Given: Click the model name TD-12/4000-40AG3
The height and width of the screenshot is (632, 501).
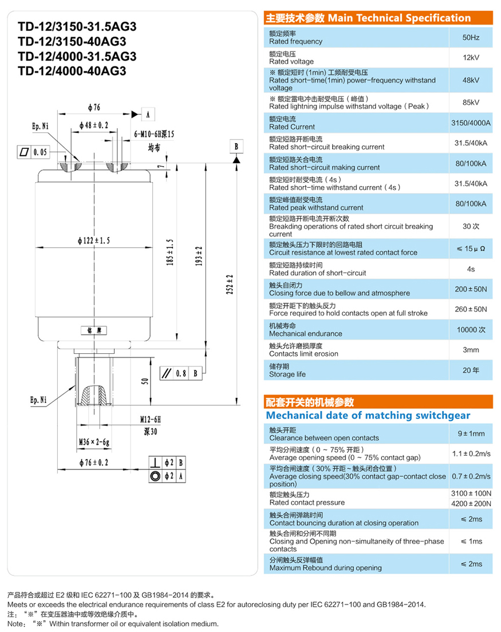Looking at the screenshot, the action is [72, 71].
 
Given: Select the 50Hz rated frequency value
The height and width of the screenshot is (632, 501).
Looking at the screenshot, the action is [471, 37].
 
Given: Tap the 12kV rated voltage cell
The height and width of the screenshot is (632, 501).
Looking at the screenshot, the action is [471, 58].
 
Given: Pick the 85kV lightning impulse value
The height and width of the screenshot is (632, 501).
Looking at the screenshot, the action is [471, 102].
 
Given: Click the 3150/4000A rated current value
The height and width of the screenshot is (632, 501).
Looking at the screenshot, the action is [471, 123].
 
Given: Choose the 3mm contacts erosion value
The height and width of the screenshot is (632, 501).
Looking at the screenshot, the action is [471, 350].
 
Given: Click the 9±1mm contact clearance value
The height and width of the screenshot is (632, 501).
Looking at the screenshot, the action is [471, 434].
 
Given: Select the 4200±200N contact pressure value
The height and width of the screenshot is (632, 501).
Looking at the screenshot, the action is [471, 503].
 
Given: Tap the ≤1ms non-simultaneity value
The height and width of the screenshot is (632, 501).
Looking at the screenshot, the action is [471, 542].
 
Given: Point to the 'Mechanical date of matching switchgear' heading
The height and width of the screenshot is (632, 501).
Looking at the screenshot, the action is [368, 416].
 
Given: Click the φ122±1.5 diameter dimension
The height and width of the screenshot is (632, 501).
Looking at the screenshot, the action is [94, 240].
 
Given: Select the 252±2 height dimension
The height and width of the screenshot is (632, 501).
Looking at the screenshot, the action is [230, 284].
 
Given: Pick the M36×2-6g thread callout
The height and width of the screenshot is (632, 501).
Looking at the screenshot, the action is [94, 442].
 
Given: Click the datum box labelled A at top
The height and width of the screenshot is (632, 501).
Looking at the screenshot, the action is [148, 114].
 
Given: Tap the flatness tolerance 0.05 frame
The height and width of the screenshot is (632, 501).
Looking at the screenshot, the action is [33, 152].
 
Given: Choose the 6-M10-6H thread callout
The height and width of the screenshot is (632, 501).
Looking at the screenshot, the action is [155, 134].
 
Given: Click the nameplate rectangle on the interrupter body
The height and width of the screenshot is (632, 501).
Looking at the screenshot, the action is [94, 331].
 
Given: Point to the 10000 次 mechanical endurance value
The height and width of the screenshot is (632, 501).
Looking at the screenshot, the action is [471, 330].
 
